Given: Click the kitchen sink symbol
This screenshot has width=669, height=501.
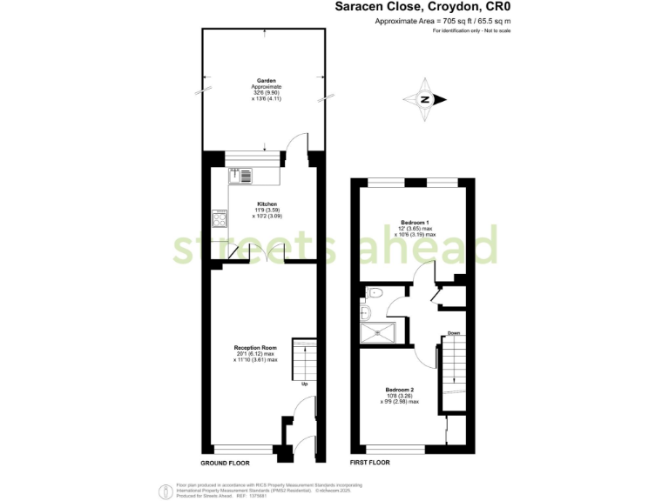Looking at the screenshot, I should coord(240,175).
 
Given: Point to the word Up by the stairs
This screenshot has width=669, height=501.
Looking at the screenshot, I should coord(304,384).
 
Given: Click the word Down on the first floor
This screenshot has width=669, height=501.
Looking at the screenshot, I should coord(454,333).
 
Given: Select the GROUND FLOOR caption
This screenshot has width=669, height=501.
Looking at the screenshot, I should coord(226,463).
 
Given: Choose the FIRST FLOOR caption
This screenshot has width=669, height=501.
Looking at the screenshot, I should coord(369,463).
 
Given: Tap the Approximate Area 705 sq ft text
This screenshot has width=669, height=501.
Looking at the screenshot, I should coord(443,20).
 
